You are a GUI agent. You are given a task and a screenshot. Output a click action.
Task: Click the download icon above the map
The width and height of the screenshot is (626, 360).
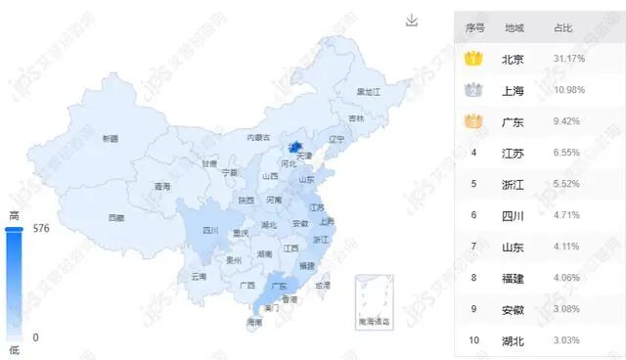click(412, 21)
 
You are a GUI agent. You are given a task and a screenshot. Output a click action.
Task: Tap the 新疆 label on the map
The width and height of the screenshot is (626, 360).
click(110, 139)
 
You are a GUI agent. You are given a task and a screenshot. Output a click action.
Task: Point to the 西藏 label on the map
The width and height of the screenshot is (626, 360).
click(116, 217)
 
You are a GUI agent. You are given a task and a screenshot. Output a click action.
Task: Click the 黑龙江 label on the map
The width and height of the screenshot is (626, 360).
click(368, 91)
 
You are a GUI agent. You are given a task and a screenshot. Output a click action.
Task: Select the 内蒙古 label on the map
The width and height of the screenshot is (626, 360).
click(258, 138)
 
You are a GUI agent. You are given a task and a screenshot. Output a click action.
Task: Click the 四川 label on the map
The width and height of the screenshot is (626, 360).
click(210, 231)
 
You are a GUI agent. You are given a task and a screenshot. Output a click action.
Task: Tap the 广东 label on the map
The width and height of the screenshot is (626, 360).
click(280, 286)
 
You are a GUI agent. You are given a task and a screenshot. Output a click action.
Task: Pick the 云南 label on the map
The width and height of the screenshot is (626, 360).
click(199, 277)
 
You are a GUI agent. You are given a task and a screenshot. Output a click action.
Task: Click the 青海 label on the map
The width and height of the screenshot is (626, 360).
click(162, 186)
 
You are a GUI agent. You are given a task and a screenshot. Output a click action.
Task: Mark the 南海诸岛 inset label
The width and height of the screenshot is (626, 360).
click(374, 321)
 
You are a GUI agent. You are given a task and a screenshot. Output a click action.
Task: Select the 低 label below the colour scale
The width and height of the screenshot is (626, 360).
click(14, 349)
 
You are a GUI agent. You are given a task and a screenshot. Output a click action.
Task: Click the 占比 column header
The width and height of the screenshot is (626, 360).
click(564, 27)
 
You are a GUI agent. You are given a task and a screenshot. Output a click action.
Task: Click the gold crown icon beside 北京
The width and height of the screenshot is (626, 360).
click(474, 59)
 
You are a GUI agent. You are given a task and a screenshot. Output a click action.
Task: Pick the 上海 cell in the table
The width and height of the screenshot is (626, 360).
click(514, 90)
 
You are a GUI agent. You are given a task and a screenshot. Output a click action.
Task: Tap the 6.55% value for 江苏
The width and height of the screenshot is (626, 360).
click(568, 153)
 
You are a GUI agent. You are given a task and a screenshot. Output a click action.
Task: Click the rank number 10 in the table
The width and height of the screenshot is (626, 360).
click(474, 340)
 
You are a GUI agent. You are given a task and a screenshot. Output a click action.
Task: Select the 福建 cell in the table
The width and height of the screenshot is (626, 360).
click(514, 278)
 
